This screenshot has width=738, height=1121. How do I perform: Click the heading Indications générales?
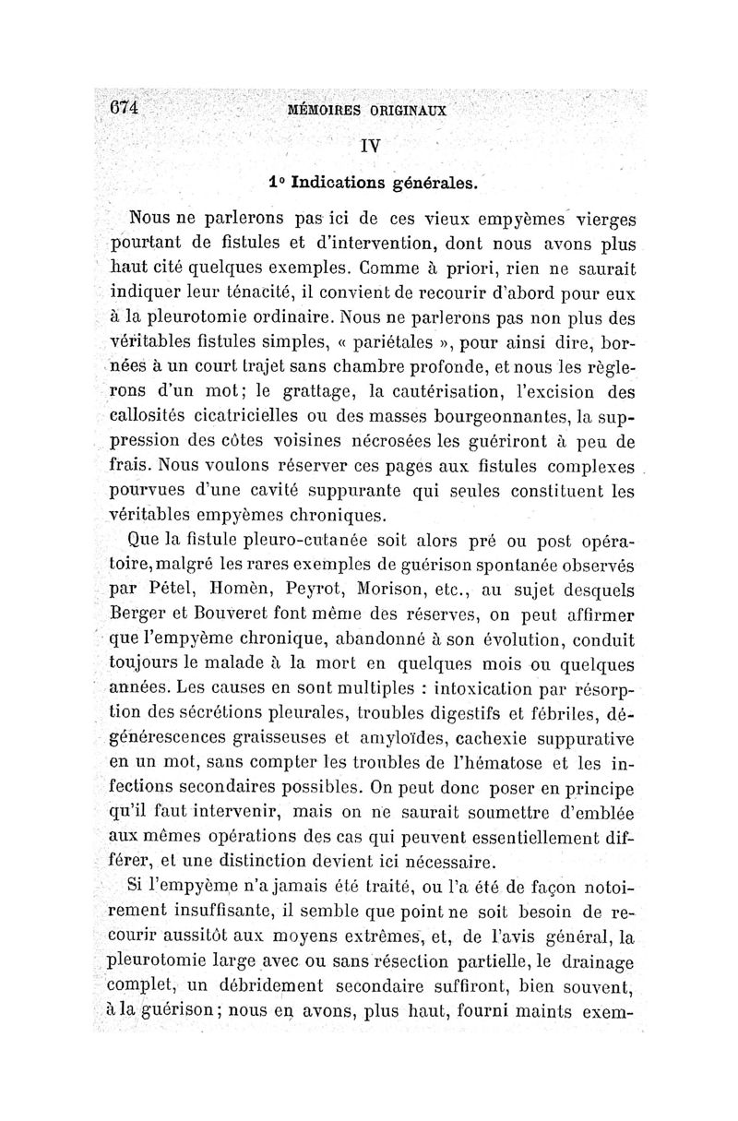click(x=385, y=182)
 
